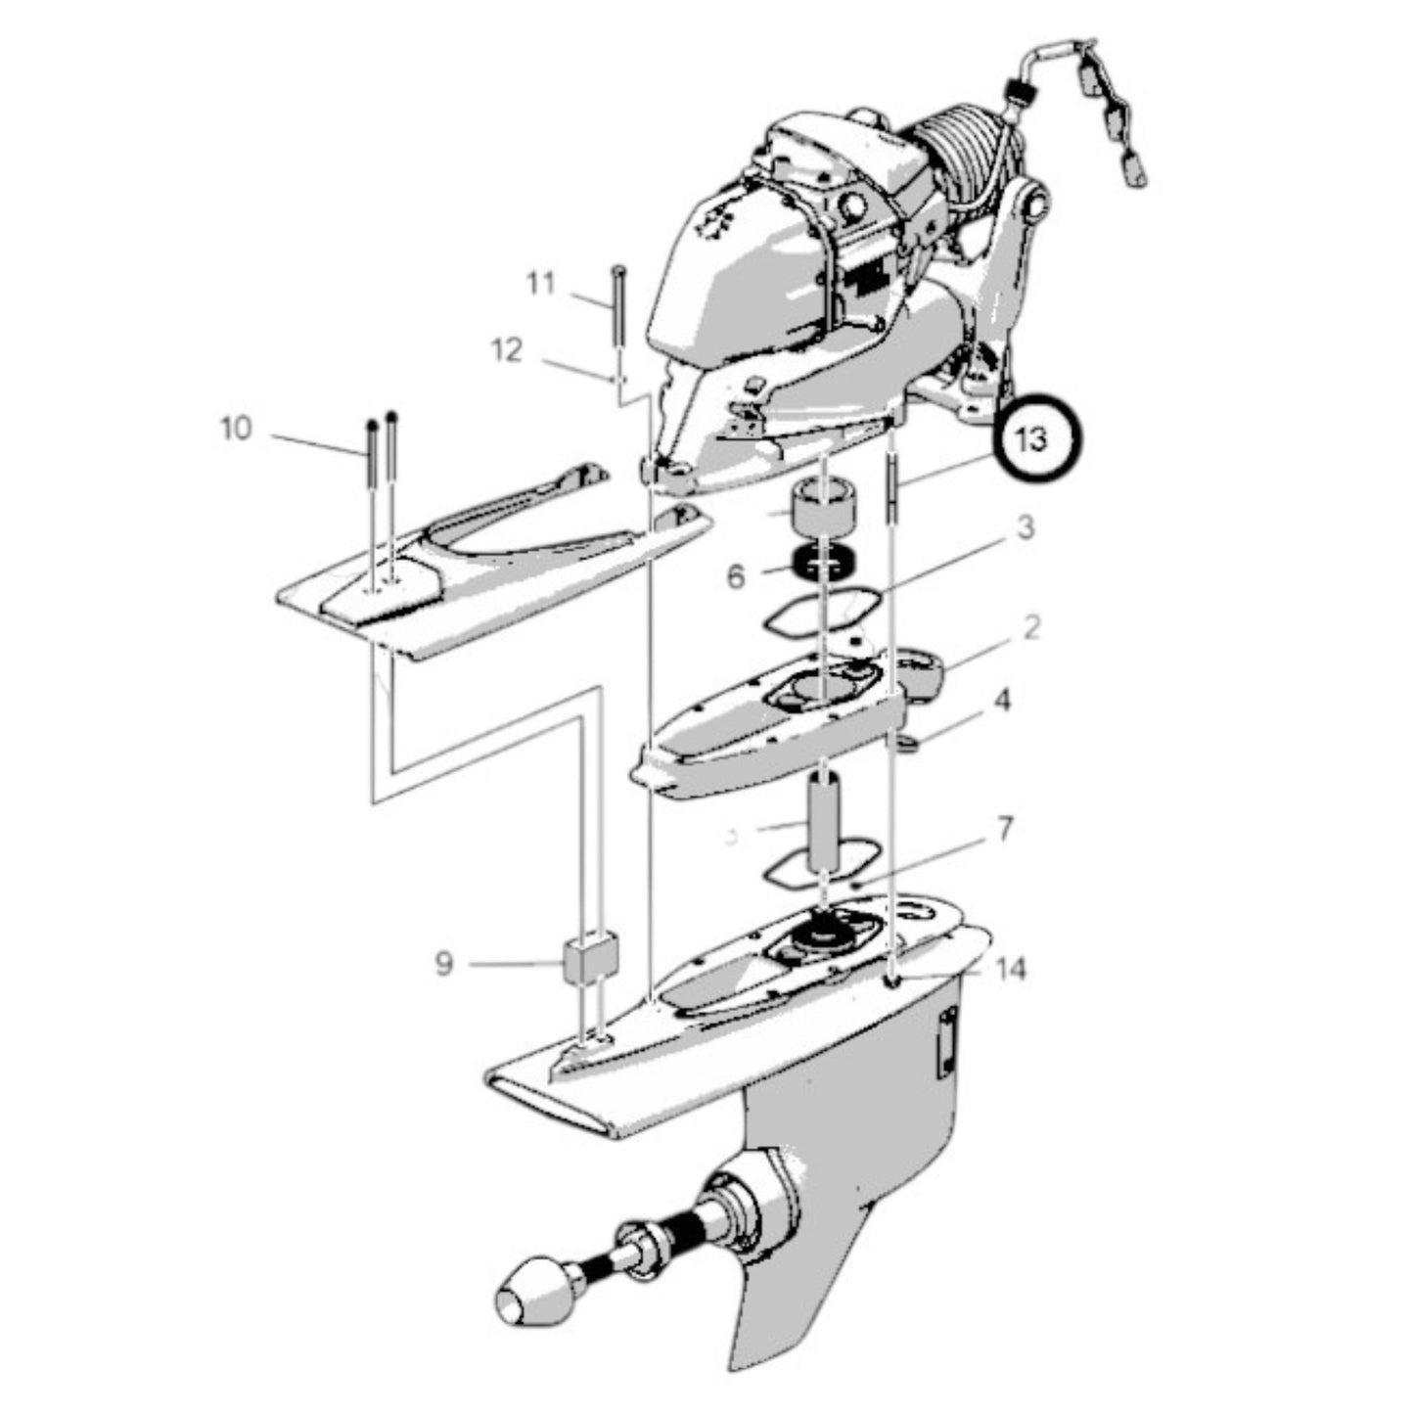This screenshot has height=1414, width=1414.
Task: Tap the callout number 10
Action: click(236, 429)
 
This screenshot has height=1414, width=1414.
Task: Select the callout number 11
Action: click(540, 284)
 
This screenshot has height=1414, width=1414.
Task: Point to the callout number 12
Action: click(507, 349)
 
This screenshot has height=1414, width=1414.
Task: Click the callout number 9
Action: click(444, 964)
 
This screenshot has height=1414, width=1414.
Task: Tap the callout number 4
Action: click(1003, 701)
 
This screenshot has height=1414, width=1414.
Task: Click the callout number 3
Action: click(1024, 528)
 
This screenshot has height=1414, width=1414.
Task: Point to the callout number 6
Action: click(736, 576)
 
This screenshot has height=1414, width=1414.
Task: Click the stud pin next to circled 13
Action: click(892, 489)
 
